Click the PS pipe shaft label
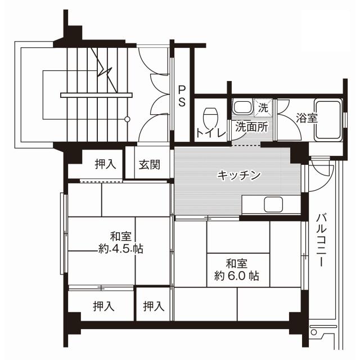pos(182,96)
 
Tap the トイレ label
pos(210,133)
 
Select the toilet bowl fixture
pos(210,116)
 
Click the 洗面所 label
pos(251,127)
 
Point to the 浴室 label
pos(307,118)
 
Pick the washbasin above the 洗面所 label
pos(243,107)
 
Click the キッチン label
pos(239,175)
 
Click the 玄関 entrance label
pos(150,165)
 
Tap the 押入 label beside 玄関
pos(105,165)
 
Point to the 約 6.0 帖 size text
pos(236,276)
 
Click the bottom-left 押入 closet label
pos(103,307)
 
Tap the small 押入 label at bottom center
pos(153,307)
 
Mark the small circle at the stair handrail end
pos(127,119)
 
